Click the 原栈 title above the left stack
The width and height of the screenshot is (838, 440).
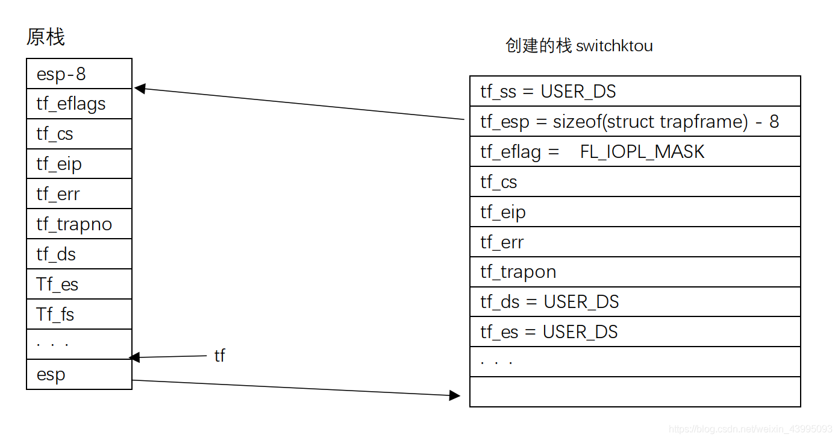pyautogui.click(x=45, y=37)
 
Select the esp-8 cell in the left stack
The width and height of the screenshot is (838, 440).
pyautogui.click(x=79, y=74)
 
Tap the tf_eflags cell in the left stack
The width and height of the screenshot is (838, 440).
pyautogui.click(x=79, y=104)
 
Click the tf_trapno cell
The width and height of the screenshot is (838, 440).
pyautogui.click(x=79, y=224)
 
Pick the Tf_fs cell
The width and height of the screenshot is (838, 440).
pyautogui.click(x=79, y=314)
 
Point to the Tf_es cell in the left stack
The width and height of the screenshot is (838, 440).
pyautogui.click(x=79, y=284)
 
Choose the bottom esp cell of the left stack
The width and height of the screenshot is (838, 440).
pyautogui.click(x=79, y=374)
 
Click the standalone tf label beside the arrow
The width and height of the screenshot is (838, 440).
pyautogui.click(x=219, y=356)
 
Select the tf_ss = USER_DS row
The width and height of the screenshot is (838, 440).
pyautogui.click(x=634, y=92)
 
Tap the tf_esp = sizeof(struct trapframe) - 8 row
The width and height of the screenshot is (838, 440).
pyautogui.click(x=634, y=122)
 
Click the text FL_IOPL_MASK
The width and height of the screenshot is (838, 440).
pyautogui.click(x=642, y=151)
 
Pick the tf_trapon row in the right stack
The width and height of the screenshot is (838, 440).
pyautogui.click(x=634, y=272)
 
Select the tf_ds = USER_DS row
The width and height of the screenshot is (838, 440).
pyautogui.click(x=634, y=301)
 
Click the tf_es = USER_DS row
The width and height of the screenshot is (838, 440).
pyautogui.click(x=634, y=332)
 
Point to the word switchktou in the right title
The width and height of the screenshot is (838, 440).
pyautogui.click(x=614, y=46)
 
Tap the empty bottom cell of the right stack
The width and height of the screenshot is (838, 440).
pyautogui.click(x=634, y=392)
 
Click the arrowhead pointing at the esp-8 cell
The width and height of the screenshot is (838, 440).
pyautogui.click(x=139, y=89)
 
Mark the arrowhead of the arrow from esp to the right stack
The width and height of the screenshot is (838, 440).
pyautogui.click(x=455, y=395)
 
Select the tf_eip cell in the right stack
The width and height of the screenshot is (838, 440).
pyautogui.click(x=634, y=212)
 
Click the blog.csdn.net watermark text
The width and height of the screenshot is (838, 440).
pyautogui.click(x=751, y=429)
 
